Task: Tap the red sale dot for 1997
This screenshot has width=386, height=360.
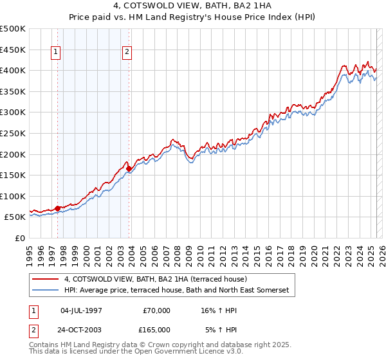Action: [57, 208]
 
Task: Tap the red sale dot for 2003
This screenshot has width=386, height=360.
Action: [129, 168]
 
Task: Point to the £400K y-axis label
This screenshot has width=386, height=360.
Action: [13, 70]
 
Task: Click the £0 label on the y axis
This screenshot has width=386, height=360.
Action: [19, 239]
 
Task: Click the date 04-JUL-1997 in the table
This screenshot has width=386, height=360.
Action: [81, 310]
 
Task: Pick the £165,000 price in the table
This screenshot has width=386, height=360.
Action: [156, 329]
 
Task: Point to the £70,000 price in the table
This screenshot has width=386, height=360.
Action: [156, 310]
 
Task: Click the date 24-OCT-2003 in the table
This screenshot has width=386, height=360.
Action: [81, 329]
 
